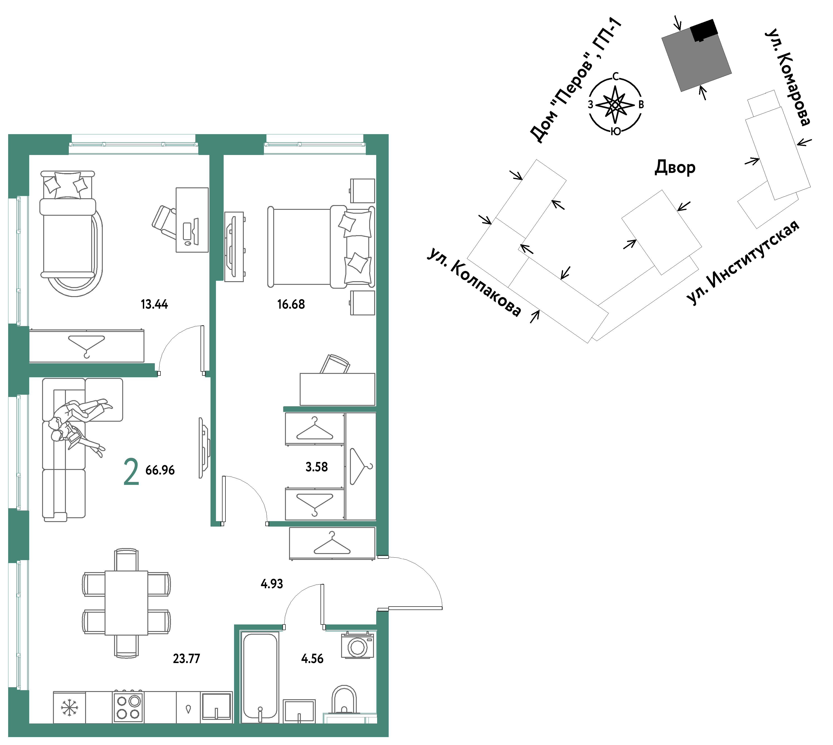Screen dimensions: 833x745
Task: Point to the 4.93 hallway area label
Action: tap(272, 584)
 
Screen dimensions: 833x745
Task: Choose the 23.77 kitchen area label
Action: tap(187, 659)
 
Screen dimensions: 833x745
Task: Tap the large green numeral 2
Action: tap(131, 472)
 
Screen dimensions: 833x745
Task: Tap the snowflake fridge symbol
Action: tap(69, 708)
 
